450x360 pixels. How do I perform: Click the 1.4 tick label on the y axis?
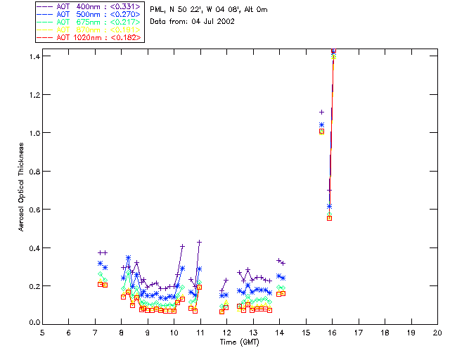32,56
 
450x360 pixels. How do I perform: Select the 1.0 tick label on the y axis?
32,132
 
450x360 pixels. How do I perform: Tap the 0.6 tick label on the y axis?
32,210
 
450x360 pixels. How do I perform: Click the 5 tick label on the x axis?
42,332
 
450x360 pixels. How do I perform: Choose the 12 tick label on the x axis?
226,332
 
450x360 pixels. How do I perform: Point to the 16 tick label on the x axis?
332,332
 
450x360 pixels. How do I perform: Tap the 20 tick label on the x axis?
437,332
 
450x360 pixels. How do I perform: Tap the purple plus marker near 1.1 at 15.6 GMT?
321,112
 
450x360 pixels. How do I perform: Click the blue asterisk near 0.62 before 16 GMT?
329,206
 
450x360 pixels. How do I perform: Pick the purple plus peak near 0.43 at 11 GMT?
200,242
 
